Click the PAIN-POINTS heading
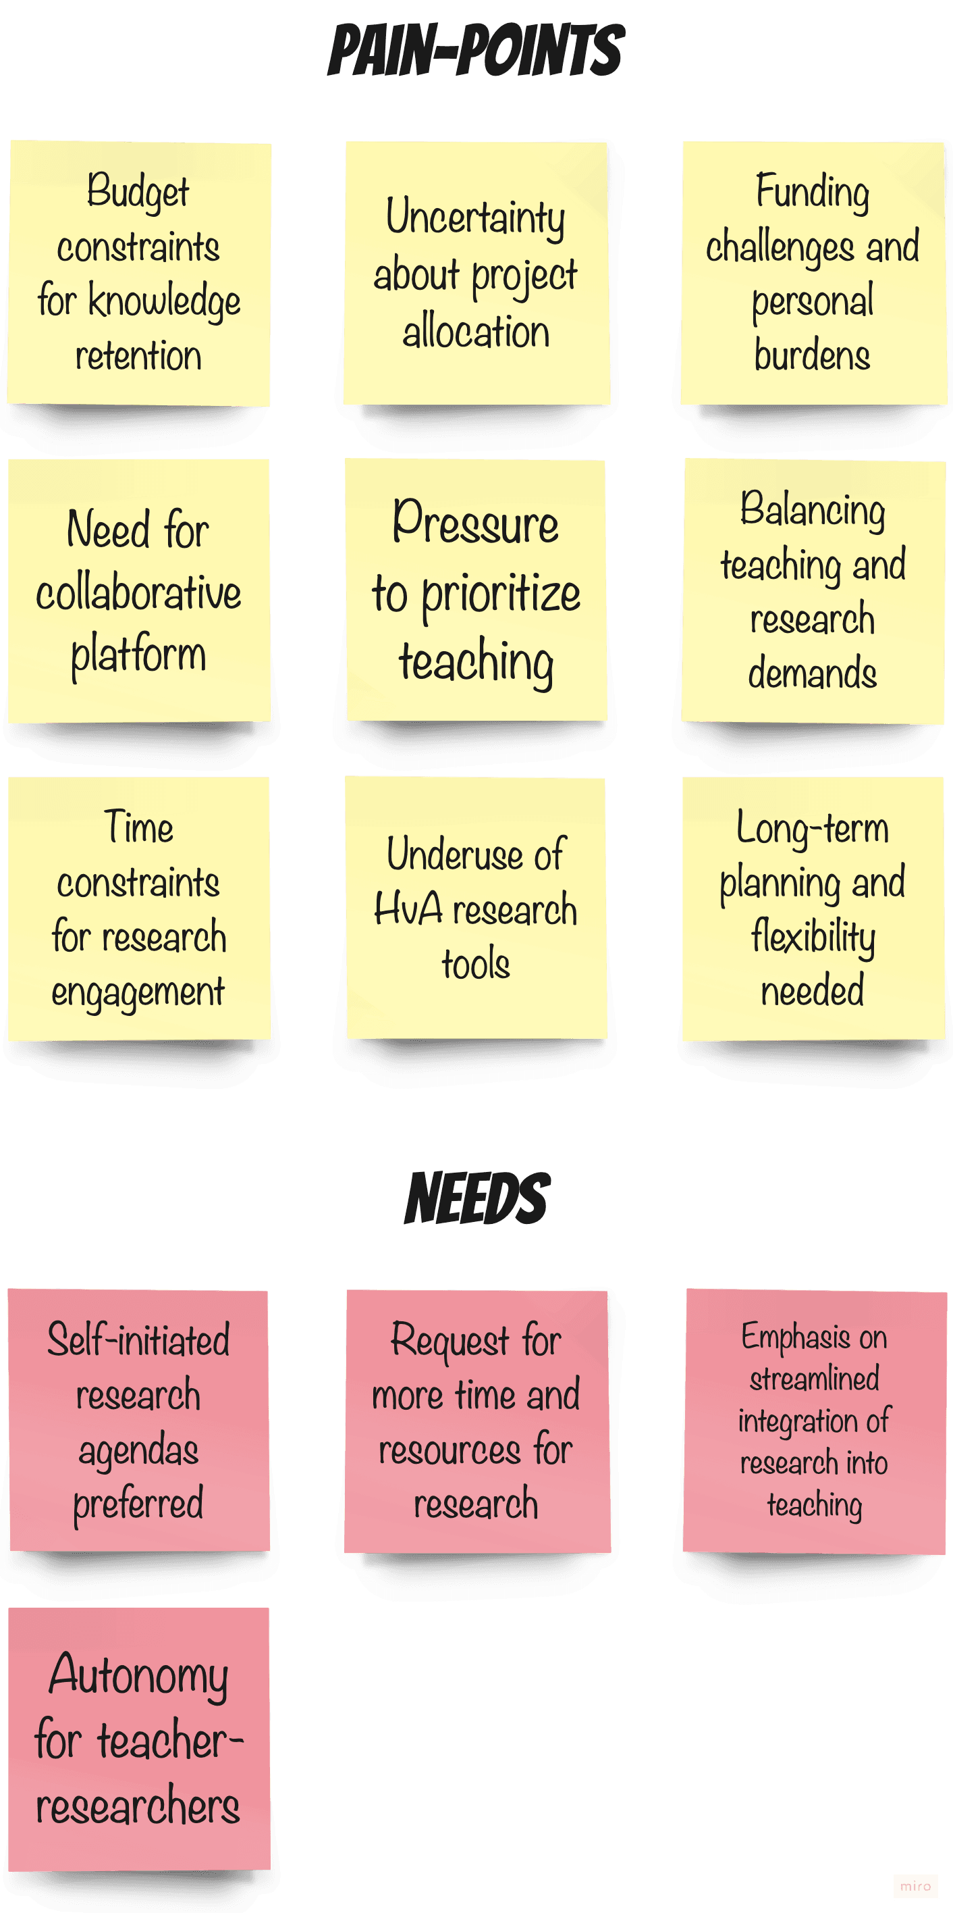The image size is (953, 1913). click(476, 50)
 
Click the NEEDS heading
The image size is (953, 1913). click(476, 1198)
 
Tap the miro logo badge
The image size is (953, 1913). click(915, 1885)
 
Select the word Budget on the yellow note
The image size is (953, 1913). click(138, 192)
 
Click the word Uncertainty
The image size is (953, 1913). click(475, 218)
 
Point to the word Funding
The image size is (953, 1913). click(813, 192)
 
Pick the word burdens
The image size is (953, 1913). click(812, 355)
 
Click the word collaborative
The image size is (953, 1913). click(139, 593)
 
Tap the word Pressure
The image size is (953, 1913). click(475, 523)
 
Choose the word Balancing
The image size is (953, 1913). click(813, 510)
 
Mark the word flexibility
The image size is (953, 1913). click(813, 936)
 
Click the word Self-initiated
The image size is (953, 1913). click(139, 1340)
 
